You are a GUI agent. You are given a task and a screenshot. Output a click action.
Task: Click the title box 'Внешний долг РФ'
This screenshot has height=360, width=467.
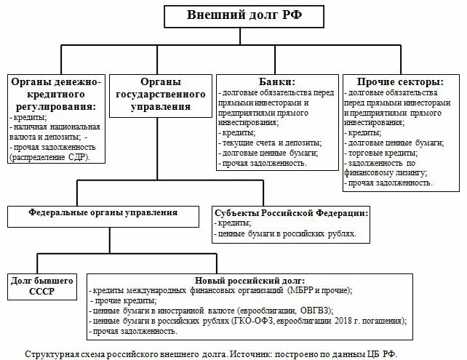pos(233,15)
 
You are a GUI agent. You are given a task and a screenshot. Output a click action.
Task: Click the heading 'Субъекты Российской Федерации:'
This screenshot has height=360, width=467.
pos(291,212)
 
